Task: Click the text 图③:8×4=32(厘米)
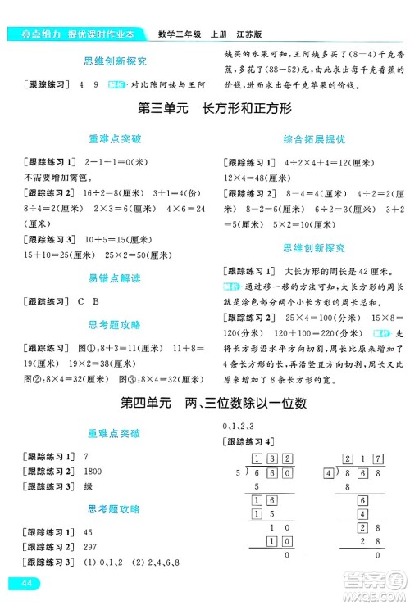[155, 378]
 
